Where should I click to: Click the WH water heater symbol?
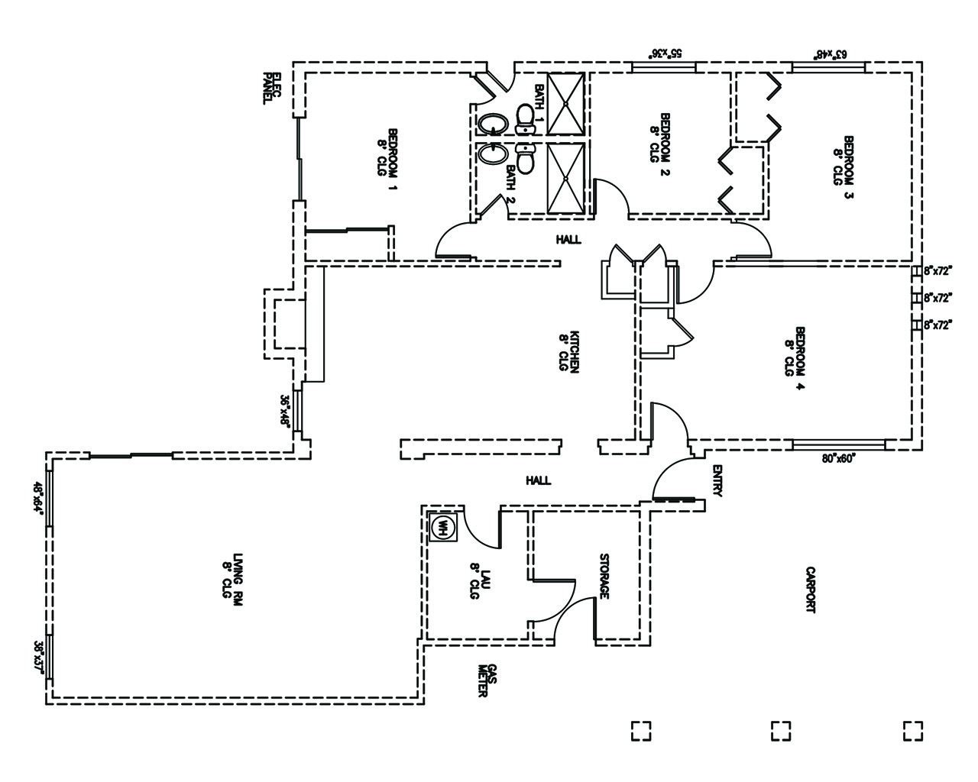(443, 526)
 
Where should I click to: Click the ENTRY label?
(717, 481)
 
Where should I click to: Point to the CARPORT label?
(811, 590)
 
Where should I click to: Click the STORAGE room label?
(604, 576)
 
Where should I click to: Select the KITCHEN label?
(570, 351)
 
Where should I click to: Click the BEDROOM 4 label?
(795, 352)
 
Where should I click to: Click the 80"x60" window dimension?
(839, 458)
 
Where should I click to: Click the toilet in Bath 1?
(525, 117)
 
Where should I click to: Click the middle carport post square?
(780, 730)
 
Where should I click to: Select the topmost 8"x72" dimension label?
(939, 270)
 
